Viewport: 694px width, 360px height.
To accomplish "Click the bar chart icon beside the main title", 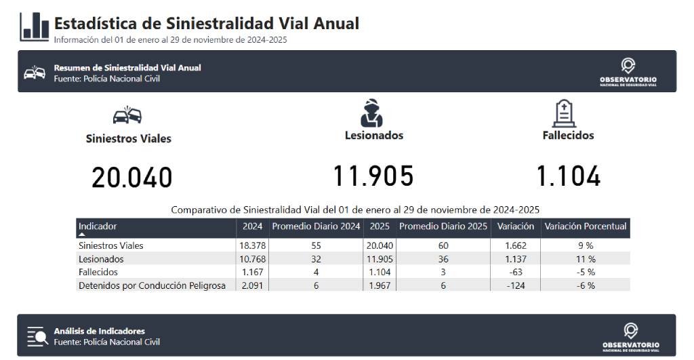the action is (34, 26).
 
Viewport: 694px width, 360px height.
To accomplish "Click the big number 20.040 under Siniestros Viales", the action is (132, 178).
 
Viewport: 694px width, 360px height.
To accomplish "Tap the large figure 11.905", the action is (373, 176).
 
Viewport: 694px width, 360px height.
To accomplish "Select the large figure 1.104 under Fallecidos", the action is (569, 176).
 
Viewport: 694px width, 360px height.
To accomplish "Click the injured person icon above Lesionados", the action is (371, 113).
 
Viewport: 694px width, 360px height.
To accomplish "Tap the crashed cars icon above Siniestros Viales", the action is (127, 115).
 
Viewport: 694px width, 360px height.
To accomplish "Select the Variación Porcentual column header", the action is (585, 226).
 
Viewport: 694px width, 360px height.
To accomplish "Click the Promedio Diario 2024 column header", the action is (316, 226).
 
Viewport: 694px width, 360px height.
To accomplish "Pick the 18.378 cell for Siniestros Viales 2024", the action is (252, 245).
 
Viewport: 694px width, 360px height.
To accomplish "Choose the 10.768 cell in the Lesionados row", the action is (252, 259).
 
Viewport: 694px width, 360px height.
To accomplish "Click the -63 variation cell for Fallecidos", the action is (516, 273).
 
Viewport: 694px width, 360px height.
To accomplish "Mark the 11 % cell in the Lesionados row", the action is (586, 259).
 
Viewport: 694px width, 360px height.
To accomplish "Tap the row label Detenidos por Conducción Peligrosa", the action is (152, 285).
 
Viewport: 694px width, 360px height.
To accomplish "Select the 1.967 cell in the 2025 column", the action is (380, 285).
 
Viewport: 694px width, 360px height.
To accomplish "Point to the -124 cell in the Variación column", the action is (516, 285).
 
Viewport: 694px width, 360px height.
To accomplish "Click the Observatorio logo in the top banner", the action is (628, 72).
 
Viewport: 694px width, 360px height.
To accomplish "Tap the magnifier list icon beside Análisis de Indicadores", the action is (37, 336).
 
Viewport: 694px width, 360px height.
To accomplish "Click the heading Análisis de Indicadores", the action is (100, 332).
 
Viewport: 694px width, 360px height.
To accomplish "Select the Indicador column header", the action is (98, 226).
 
